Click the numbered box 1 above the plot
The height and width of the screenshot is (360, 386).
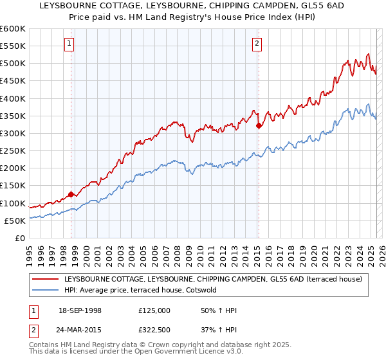(69, 44)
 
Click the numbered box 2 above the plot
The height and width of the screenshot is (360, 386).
(257, 44)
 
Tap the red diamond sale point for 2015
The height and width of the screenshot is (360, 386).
(259, 125)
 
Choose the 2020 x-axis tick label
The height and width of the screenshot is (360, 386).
(313, 251)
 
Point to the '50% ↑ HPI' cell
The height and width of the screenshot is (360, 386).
(219, 310)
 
